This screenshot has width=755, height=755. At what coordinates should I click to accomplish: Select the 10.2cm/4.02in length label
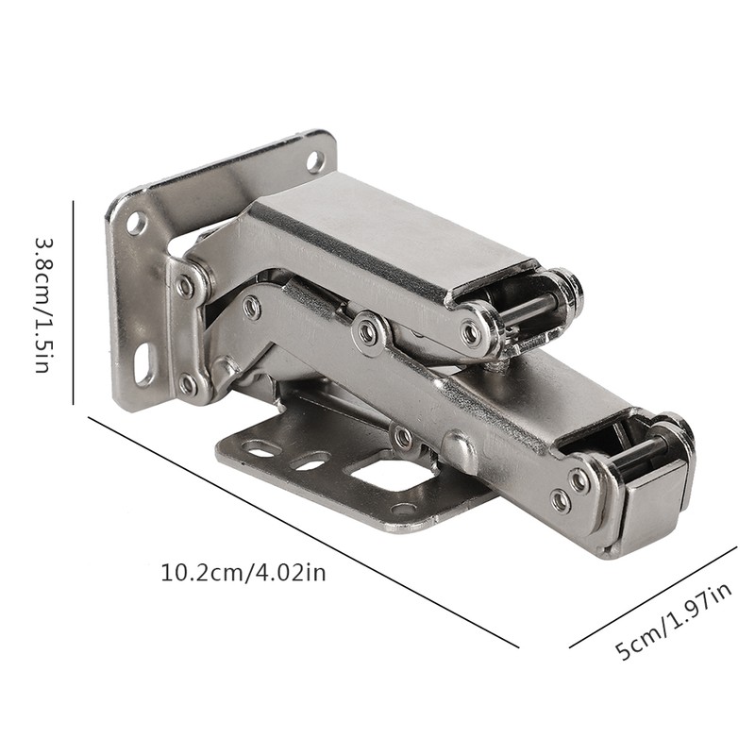tap(243, 572)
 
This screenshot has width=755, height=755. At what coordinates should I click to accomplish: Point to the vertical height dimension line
tap(74, 302)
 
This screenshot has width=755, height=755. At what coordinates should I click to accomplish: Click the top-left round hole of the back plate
tap(137, 224)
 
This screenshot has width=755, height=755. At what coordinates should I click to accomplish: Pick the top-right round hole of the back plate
tap(315, 161)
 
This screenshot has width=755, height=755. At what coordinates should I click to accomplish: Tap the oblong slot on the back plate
tap(144, 364)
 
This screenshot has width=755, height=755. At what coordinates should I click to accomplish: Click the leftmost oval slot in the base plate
tap(260, 449)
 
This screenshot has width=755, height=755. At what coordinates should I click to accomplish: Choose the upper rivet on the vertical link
tap(186, 285)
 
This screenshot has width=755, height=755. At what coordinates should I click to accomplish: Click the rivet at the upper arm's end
tap(470, 332)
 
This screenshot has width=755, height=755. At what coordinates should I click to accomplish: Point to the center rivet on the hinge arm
tap(366, 331)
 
